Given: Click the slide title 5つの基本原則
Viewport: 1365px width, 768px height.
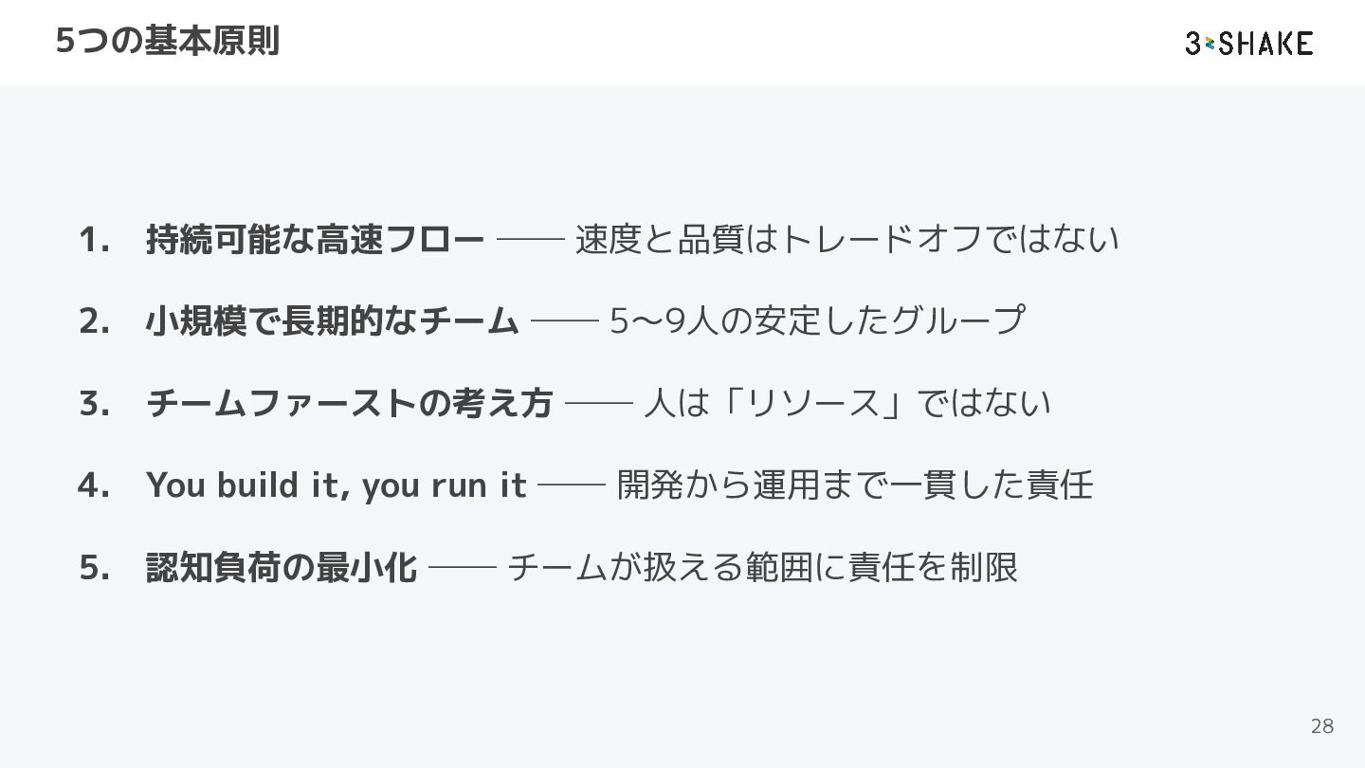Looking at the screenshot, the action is pos(167,42).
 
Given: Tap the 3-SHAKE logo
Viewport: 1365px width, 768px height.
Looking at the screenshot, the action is pos(1248,43).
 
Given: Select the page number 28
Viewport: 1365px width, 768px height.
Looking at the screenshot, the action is pos(1321,726).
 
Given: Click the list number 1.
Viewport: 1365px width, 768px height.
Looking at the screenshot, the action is pos(93,240).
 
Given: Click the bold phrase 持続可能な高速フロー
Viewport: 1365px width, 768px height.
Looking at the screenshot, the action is pos(315,240).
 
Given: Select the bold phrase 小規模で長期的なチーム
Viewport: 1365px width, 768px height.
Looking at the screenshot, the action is pos(332,321).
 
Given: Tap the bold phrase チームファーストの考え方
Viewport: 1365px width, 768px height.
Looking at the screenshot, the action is pos(349,404).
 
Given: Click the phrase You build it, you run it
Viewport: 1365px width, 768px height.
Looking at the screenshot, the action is pos(336,485).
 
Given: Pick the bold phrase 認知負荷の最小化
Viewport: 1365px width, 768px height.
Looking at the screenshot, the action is pos(281,568).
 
